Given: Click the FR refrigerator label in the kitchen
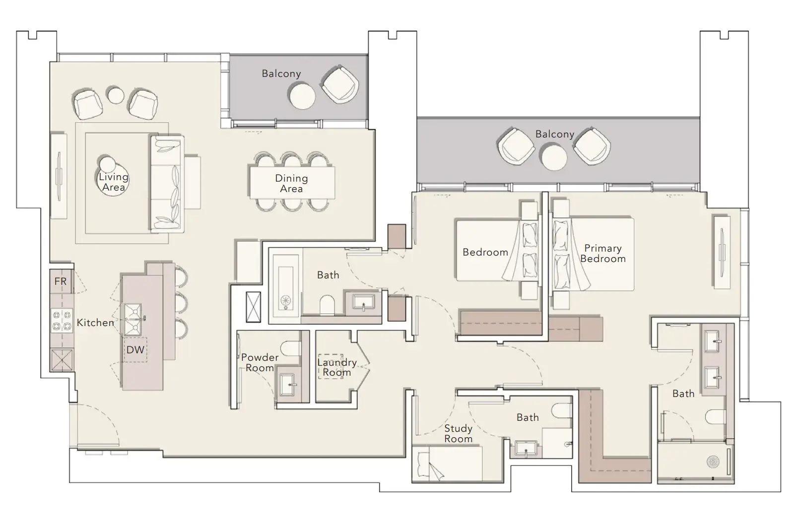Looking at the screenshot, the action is [x=61, y=281].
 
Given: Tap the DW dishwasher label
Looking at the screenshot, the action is [x=135, y=350].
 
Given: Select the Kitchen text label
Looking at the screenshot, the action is [x=95, y=323].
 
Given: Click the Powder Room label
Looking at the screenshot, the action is [x=260, y=362].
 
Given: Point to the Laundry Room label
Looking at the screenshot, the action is [x=337, y=367].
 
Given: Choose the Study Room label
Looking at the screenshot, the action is [x=458, y=434].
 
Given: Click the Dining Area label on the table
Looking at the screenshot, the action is [x=291, y=183].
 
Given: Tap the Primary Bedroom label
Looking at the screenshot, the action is [x=603, y=254].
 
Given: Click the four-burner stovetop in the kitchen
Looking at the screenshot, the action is [x=62, y=321].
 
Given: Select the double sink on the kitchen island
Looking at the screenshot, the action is [x=133, y=320].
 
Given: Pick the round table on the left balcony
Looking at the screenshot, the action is [x=303, y=96].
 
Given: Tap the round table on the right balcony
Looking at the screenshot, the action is [x=554, y=158].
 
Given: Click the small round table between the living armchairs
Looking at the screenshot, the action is [x=115, y=95].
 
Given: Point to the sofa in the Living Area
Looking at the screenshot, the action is [x=167, y=184].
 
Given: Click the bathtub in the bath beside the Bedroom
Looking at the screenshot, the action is [x=286, y=286].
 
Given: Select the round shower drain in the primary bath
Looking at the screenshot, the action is [x=713, y=462].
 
